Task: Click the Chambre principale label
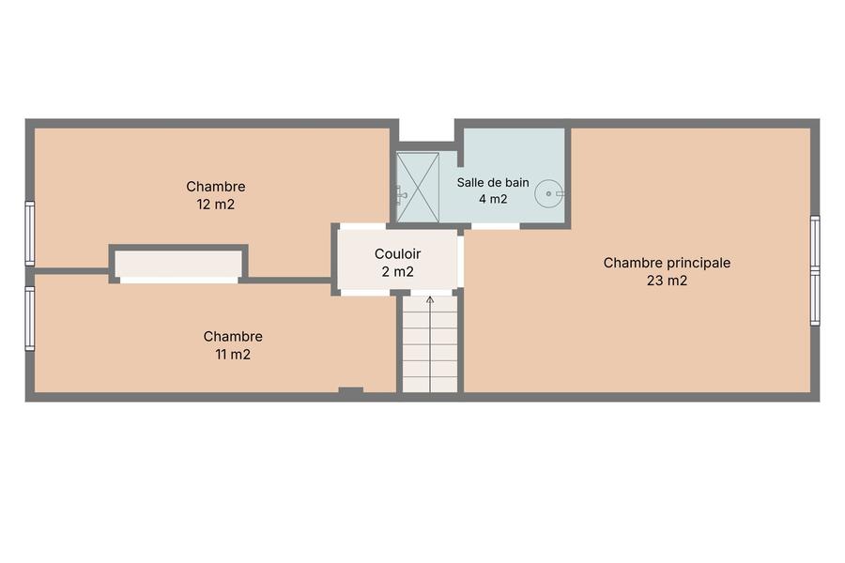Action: click(x=667, y=263)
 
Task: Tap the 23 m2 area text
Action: click(x=668, y=281)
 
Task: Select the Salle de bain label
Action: click(x=493, y=183)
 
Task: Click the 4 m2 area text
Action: click(x=493, y=199)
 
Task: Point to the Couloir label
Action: click(x=398, y=253)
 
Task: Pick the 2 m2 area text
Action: click(x=398, y=272)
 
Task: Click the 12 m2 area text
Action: click(x=216, y=205)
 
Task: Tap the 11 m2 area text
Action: click(x=233, y=355)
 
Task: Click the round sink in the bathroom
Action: click(x=548, y=193)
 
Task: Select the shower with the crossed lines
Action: click(x=418, y=187)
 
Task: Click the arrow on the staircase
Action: click(x=430, y=343)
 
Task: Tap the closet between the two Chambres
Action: click(x=178, y=264)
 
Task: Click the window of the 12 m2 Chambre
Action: click(x=30, y=234)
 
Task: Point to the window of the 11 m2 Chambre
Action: click(x=30, y=318)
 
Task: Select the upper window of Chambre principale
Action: click(x=815, y=242)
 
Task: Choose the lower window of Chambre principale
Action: click(x=815, y=298)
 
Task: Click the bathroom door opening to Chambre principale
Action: click(x=495, y=226)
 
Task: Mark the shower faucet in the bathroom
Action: click(x=400, y=194)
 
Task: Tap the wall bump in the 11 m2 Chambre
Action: click(x=351, y=390)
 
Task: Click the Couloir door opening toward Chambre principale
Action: click(x=461, y=261)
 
